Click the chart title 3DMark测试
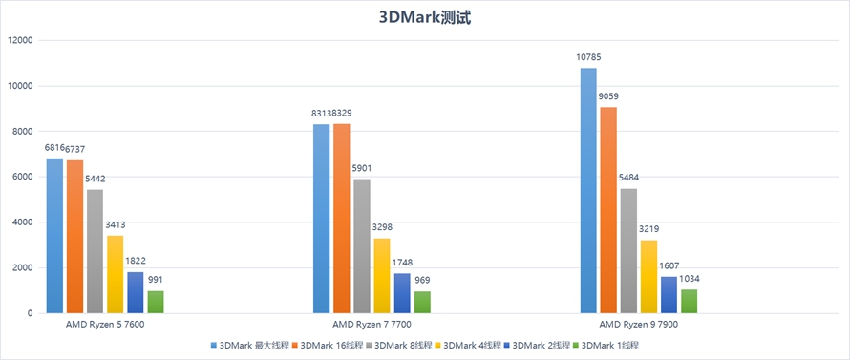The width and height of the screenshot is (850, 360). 424,17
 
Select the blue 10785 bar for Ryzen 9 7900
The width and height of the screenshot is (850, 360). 588,191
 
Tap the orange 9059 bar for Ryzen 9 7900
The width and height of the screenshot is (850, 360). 608,210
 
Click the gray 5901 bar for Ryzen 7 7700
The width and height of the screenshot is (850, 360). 362,246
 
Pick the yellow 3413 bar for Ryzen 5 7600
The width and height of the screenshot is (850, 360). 116,274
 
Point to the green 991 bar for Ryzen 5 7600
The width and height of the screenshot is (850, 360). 156,302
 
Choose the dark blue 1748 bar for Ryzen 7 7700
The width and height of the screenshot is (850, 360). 402,293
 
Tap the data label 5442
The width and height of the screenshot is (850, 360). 96,179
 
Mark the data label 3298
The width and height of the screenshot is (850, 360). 382,227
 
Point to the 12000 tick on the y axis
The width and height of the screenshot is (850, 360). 19,40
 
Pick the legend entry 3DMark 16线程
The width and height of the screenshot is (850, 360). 330,345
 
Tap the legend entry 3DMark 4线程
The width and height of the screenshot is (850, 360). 472,345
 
